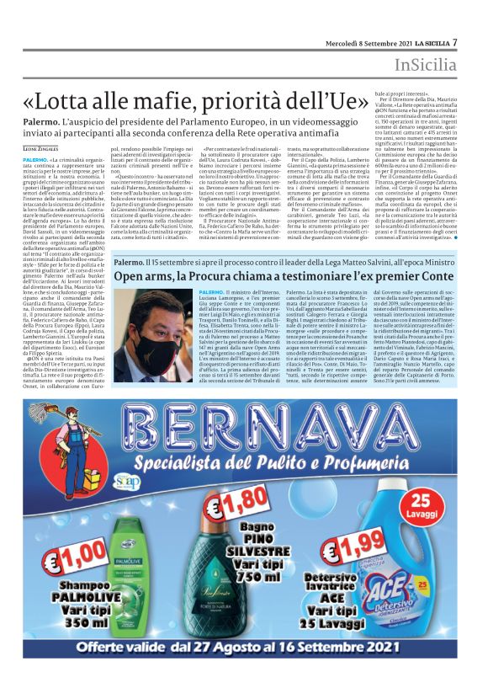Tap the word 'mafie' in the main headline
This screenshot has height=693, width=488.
pos(168,99)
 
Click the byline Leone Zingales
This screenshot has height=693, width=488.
pos(41,147)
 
